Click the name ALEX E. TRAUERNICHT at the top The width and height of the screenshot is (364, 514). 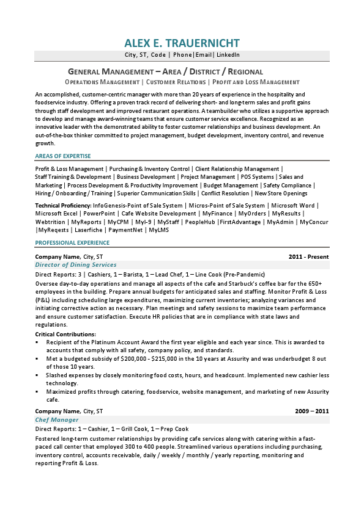coord(182,43)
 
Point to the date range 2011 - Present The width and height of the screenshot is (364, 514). coord(308,257)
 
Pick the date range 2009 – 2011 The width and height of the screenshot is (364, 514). coord(312,411)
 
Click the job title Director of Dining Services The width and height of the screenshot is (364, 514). coord(76,265)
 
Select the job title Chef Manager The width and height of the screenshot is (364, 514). coord(57,420)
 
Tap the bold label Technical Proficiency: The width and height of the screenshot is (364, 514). coord(64,206)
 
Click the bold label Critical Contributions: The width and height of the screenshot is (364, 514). coord(65,335)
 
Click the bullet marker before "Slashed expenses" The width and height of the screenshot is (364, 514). coord(37,375)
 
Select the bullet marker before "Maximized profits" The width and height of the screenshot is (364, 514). coord(37,392)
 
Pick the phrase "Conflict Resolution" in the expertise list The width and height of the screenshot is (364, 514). coord(225,194)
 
